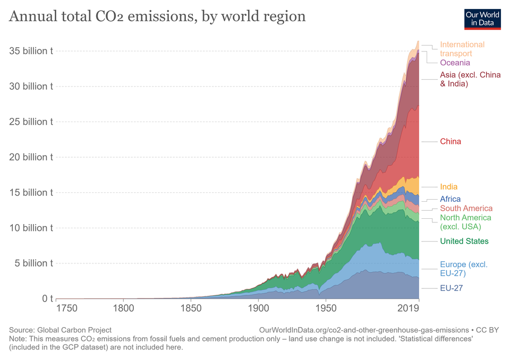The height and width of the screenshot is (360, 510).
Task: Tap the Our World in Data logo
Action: click(482, 19)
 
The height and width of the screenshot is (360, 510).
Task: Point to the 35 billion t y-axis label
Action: click(31, 51)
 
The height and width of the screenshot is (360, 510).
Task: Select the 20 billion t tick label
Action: click(31, 157)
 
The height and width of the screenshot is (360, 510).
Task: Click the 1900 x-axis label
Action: click(258, 308)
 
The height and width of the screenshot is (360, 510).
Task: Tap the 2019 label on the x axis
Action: click(408, 308)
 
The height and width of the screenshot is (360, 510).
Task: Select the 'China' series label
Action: click(450, 141)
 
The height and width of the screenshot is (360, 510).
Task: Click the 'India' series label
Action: click(448, 187)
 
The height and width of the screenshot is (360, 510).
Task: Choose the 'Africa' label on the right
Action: click(450, 199)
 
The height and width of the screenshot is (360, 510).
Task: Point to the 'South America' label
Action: click(466, 208)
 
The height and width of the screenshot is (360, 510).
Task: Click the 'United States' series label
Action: click(464, 241)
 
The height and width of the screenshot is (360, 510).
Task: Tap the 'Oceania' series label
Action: click(455, 63)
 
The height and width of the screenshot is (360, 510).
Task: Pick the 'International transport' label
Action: click(462, 49)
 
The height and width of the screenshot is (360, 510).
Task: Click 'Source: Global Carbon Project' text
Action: click(60, 330)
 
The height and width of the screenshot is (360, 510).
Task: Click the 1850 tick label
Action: click(191, 308)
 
